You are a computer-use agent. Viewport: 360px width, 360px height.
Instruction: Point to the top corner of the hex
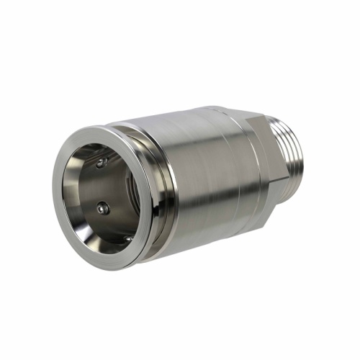pyautogui.click(x=248, y=115)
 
